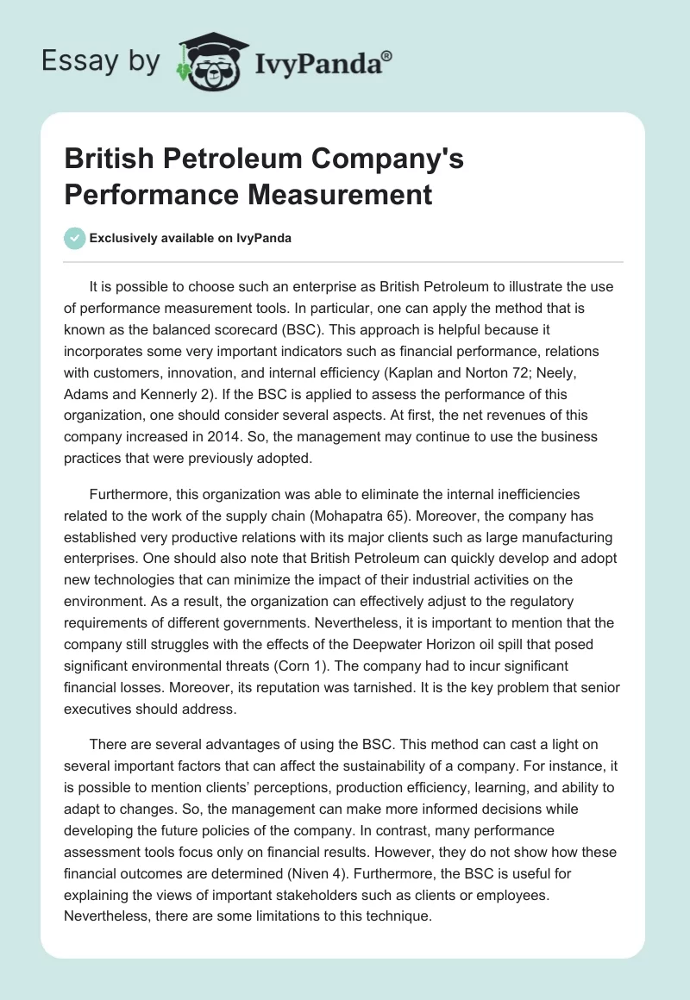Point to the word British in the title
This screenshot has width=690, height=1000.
tap(112, 159)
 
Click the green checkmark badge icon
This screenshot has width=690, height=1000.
tap(75, 238)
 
